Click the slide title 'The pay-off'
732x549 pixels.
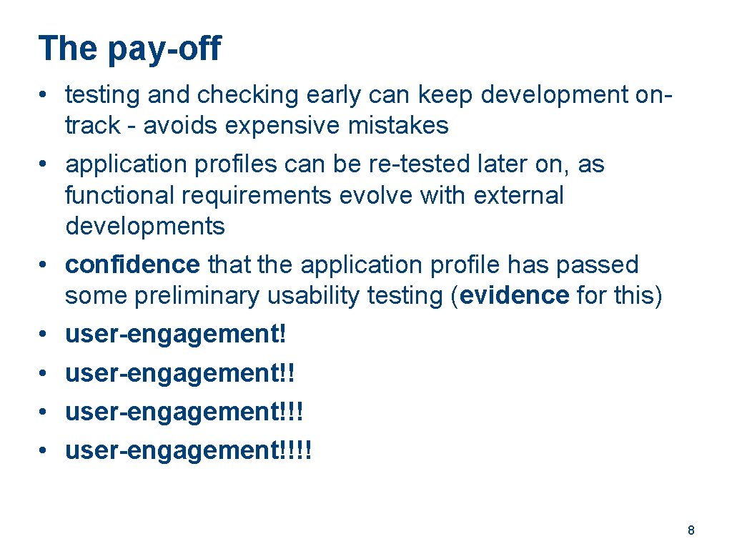click(x=130, y=49)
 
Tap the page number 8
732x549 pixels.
click(x=691, y=530)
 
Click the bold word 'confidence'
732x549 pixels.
click(x=132, y=264)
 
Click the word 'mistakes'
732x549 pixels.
click(x=398, y=126)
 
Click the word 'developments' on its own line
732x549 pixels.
click(x=144, y=226)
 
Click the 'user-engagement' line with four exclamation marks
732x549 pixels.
click(x=188, y=451)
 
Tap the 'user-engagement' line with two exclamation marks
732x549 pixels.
click(x=179, y=373)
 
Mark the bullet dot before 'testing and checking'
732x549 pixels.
click(x=44, y=95)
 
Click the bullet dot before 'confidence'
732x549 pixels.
click(x=44, y=265)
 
